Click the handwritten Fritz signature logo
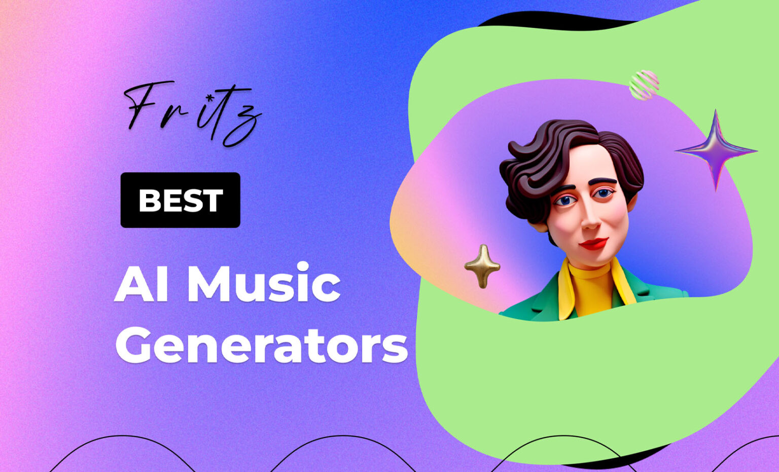click(193, 112)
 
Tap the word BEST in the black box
click(180, 200)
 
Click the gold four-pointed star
click(482, 266)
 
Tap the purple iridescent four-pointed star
click(716, 149)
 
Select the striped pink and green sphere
click(644, 85)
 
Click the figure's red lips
click(593, 244)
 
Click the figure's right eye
click(564, 201)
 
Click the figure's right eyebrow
click(562, 187)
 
